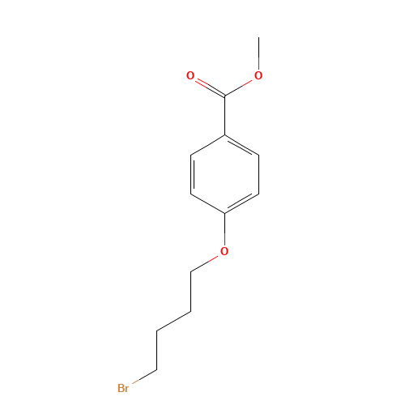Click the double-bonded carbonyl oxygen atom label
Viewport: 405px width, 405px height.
coord(190,76)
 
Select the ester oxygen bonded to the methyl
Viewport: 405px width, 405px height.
coord(258,76)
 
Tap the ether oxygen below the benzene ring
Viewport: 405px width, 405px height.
coord(224,252)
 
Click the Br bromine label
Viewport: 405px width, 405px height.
coord(123,389)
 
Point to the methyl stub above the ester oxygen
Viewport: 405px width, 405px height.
coord(258,62)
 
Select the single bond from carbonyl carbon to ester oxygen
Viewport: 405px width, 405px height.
coord(241,87)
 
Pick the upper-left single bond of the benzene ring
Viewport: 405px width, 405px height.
coord(207,144)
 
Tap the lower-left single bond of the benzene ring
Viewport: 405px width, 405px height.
coord(207,203)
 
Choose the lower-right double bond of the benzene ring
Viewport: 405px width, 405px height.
coord(241,203)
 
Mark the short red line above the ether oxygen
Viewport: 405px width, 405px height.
coord(224,239)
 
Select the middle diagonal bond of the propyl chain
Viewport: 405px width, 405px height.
coord(173,321)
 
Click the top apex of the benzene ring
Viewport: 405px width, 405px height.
coord(224,135)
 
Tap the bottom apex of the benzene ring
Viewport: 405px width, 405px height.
coord(224,213)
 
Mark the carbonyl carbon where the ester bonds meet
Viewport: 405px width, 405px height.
coord(224,96)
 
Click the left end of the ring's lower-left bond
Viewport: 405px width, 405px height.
coord(191,194)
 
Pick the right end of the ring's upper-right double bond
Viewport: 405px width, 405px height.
coord(258,154)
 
